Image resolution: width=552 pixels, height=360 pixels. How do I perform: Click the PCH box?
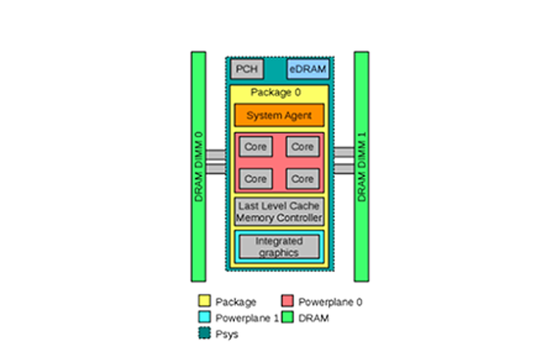(247, 69)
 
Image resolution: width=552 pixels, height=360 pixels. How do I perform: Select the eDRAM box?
(308, 69)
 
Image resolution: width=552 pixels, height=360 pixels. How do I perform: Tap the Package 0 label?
(275, 92)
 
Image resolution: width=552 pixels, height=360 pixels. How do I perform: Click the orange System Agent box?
(279, 115)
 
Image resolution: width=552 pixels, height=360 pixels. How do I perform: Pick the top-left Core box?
(256, 146)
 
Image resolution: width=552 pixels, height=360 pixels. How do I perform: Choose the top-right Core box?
(303, 146)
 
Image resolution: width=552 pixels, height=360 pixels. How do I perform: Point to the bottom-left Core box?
(256, 179)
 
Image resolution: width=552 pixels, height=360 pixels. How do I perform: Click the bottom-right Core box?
(303, 179)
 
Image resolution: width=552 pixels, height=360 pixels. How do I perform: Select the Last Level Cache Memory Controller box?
(279, 212)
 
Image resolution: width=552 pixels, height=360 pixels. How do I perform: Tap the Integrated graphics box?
(279, 247)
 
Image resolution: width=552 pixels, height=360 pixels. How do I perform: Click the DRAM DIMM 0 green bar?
(198, 166)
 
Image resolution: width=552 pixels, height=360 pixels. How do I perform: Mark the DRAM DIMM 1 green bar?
(361, 166)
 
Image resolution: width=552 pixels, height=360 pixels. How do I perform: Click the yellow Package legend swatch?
(204, 301)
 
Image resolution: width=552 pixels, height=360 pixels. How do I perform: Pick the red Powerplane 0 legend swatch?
(288, 301)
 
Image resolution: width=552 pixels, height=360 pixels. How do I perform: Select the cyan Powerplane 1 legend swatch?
(204, 317)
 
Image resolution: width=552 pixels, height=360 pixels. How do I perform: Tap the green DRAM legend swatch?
(288, 317)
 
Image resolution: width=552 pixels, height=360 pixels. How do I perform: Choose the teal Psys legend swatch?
(204, 333)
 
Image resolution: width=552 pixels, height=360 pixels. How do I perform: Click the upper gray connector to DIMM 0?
(216, 154)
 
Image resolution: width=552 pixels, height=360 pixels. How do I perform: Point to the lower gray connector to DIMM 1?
(344, 169)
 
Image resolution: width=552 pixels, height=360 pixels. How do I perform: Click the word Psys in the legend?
(227, 334)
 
